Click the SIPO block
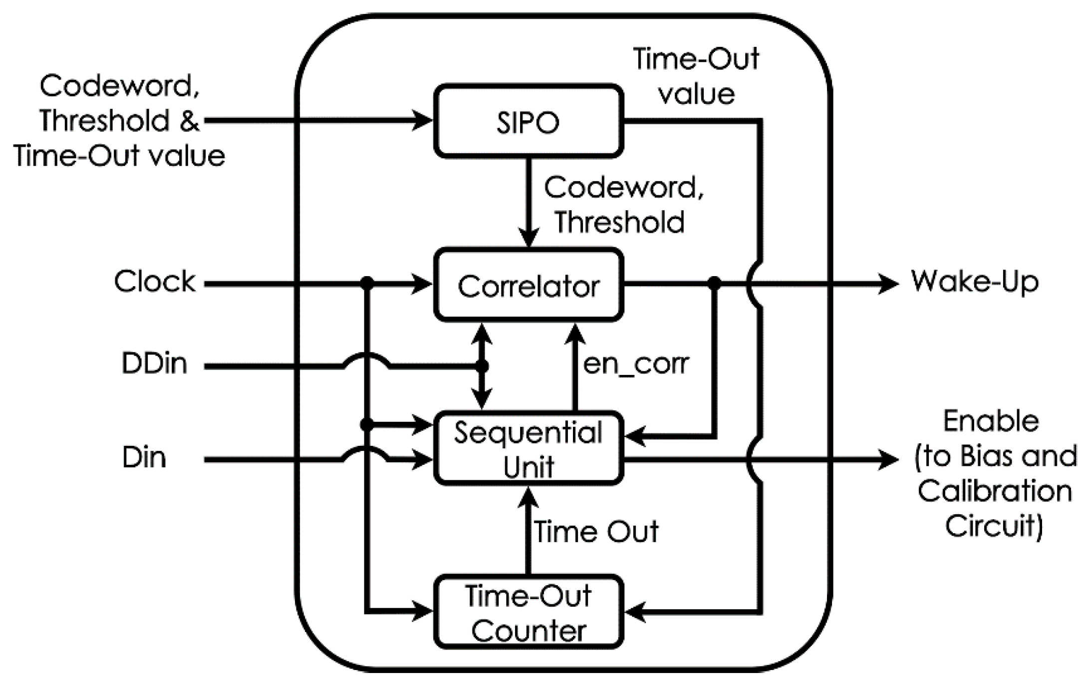(x=529, y=121)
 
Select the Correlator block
(x=529, y=285)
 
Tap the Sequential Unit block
(x=529, y=448)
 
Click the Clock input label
(x=155, y=282)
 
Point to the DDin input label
(x=154, y=363)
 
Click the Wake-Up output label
(x=975, y=282)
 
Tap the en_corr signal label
(x=636, y=364)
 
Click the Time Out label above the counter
(x=596, y=531)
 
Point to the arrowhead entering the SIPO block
(x=422, y=120)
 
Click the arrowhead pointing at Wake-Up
(x=888, y=284)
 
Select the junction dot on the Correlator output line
(x=714, y=284)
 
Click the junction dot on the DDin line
(x=482, y=366)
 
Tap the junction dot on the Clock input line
(x=367, y=284)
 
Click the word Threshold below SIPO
(x=619, y=222)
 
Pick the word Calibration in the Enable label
(x=995, y=491)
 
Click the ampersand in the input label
(x=189, y=121)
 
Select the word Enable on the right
(x=991, y=421)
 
